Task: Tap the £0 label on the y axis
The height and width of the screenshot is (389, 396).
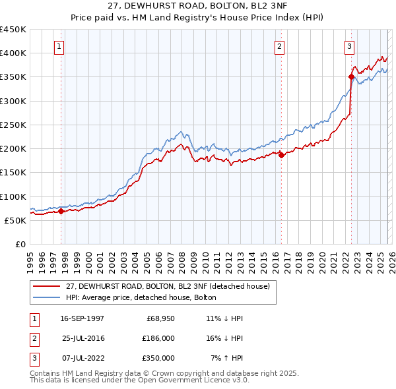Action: pos(20,244)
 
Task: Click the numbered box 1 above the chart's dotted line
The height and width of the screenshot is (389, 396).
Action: pos(59,46)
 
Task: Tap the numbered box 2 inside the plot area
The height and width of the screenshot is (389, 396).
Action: pos(280,46)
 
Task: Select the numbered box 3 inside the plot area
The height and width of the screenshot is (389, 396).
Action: pos(349,46)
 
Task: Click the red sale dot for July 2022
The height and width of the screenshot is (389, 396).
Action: pos(351,77)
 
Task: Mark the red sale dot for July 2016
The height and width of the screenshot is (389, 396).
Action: pos(281,155)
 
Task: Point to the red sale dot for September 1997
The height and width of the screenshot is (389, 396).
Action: pos(61,211)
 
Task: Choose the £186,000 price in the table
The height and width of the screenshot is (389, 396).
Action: pos(158,338)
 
